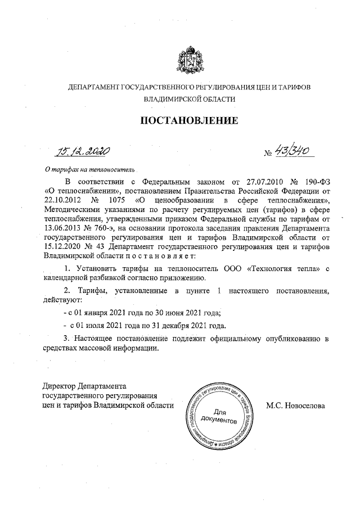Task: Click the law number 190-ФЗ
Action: tap(316, 183)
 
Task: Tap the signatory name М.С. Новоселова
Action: tap(296, 405)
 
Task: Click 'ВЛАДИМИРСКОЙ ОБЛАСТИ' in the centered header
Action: tap(188, 98)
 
